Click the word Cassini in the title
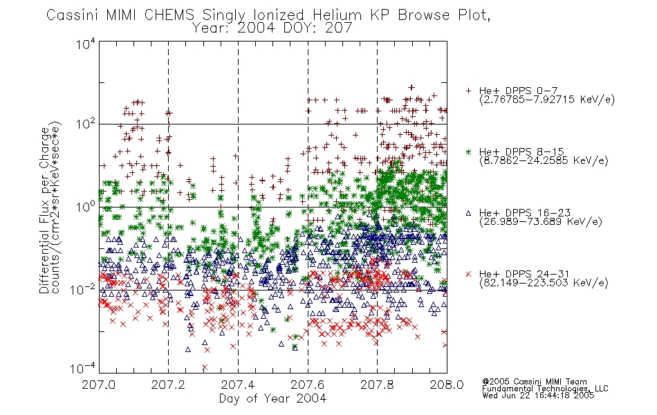click(73, 15)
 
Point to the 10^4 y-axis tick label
click(86, 44)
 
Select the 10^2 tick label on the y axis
click(86, 124)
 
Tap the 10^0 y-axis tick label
click(86, 207)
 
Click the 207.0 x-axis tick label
click(99, 385)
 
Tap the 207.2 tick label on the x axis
click(169, 385)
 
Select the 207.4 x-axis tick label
click(238, 385)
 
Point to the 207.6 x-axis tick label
click(308, 385)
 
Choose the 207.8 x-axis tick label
click(378, 385)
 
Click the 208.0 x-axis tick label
click(447, 385)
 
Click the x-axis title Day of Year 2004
click(272, 398)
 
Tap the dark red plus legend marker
click(468, 91)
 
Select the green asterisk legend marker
click(468, 151)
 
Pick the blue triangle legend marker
click(468, 213)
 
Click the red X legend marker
click(468, 274)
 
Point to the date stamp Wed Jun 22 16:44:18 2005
click(538, 395)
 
